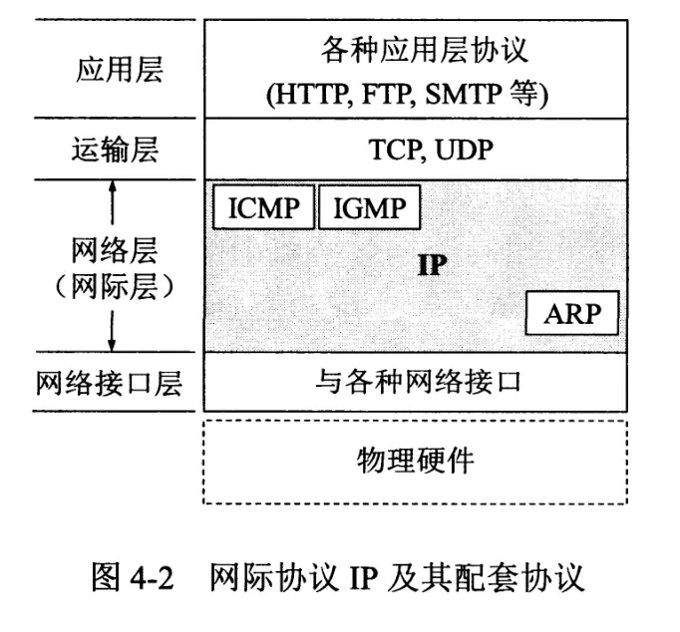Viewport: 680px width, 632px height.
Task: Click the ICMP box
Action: (x=263, y=209)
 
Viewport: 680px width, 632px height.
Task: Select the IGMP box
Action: (x=370, y=209)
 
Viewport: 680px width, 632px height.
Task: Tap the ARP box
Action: (x=572, y=315)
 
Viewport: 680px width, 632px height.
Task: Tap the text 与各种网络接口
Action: (x=417, y=383)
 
